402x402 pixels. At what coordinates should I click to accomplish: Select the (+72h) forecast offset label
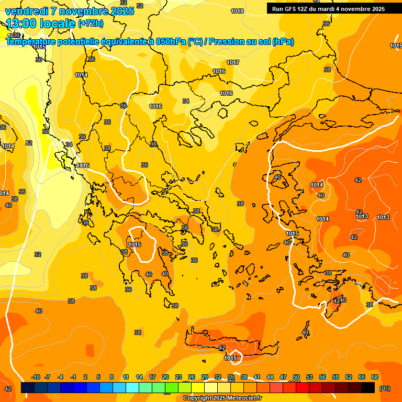(x=91, y=24)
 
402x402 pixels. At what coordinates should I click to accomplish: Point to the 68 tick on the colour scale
(x=375, y=377)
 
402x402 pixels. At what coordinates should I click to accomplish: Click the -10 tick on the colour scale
(x=36, y=377)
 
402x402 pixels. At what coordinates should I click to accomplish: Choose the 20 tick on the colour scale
(x=165, y=377)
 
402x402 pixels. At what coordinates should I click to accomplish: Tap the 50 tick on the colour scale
(x=296, y=377)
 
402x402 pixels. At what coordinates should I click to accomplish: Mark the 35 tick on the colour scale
(x=231, y=377)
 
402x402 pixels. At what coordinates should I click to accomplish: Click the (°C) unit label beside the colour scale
(x=384, y=388)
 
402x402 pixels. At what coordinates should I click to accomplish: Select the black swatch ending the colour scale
(x=368, y=387)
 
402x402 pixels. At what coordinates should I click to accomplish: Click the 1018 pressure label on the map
(x=237, y=12)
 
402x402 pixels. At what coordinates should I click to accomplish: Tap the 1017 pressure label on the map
(x=233, y=63)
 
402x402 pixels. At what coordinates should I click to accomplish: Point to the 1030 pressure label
(x=14, y=36)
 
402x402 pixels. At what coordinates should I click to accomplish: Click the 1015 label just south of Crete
(x=231, y=358)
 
